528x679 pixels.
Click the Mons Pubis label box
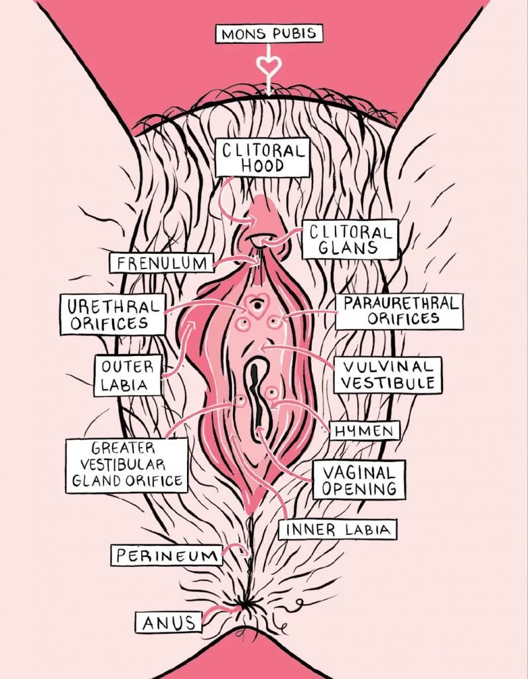268,34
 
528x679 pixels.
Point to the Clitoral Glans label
350,239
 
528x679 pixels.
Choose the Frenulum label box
161,263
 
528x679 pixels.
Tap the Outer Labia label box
127,375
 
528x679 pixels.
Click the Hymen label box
365,430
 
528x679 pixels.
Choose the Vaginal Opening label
359,481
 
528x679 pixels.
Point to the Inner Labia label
338,530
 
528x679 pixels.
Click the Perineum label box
166,555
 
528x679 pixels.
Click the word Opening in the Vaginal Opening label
359,489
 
